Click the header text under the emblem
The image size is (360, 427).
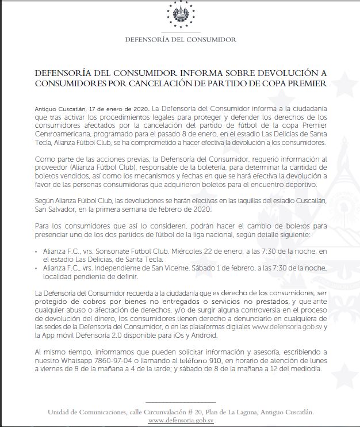click(x=180, y=40)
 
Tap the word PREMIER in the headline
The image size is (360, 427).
click(x=307, y=85)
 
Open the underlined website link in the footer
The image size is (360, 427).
click(x=179, y=421)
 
